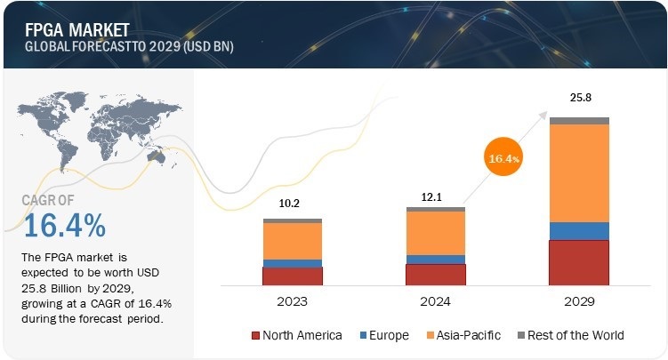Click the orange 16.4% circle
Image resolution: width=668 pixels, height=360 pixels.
503,157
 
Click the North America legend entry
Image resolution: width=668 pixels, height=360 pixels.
296,335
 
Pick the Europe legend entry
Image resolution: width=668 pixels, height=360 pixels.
384,335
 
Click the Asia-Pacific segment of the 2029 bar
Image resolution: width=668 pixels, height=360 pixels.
579,172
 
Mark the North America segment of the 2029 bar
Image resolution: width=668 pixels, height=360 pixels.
579,262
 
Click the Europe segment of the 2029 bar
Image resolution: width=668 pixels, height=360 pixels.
579,231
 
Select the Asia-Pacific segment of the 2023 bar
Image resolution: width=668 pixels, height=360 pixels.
292,240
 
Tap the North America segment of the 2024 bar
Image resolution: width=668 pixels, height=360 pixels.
435,274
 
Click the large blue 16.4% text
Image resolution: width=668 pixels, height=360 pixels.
65,226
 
